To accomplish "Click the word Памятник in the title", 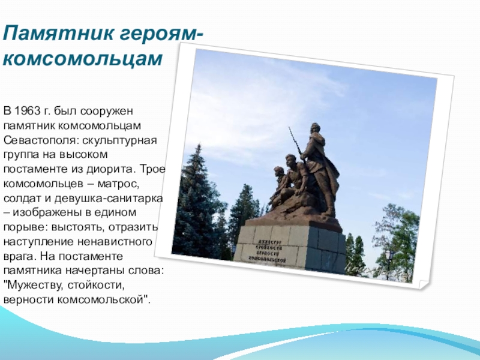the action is [x=58, y=33].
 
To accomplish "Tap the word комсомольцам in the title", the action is [x=82, y=58].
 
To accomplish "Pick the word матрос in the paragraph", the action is [x=116, y=184].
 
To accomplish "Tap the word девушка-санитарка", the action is [x=109, y=198].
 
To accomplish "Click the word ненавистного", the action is [x=115, y=242].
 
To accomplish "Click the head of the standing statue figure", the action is [x=314, y=128].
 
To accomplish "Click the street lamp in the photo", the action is [x=389, y=263].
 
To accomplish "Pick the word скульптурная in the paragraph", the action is [x=119, y=140].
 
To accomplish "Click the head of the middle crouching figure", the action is [x=290, y=160].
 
